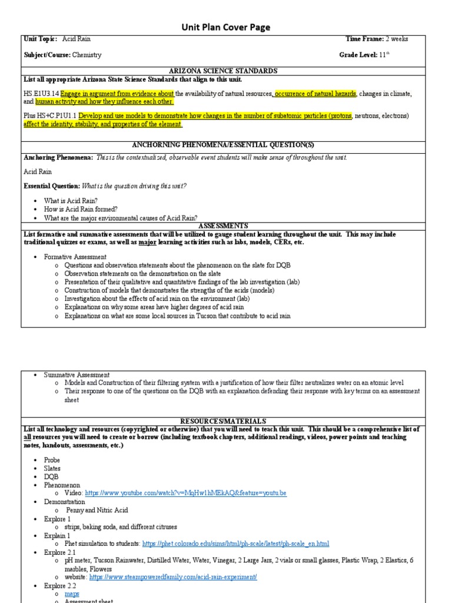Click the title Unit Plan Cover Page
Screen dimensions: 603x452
pyautogui.click(x=225, y=27)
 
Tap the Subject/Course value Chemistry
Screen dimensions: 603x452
pyautogui.click(x=88, y=55)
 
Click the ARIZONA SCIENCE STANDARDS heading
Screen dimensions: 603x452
pyautogui.click(x=226, y=71)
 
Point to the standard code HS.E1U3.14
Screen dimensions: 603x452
pyautogui.click(x=41, y=94)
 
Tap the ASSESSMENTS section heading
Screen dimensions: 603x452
pyautogui.click(x=226, y=226)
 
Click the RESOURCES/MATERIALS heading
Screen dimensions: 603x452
pyautogui.click(x=226, y=421)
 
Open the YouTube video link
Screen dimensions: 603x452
pyautogui.click(x=186, y=493)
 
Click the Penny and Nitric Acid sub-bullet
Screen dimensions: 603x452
pyautogui.click(x=97, y=510)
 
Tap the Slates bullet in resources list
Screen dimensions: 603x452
pyautogui.click(x=52, y=468)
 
